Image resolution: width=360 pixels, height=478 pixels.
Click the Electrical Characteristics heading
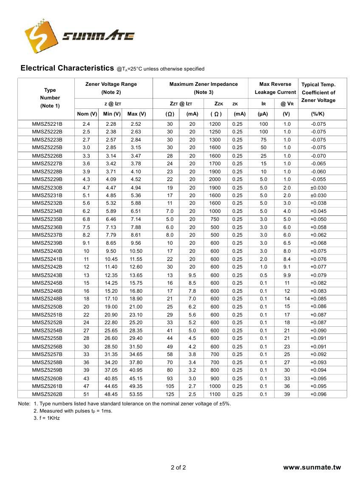pos(68,68)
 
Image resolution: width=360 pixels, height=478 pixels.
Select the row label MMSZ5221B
pos(47,124)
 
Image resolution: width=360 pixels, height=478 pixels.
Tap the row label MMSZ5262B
pos(47,394)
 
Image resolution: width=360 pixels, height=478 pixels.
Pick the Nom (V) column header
pos(87,114)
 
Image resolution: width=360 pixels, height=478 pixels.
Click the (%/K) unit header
pos(318,114)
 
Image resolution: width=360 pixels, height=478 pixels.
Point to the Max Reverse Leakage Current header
pos(275,88)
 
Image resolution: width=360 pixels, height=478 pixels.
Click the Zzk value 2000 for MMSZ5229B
pos(215,180)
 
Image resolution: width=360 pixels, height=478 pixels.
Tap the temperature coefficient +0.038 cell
pos(318,204)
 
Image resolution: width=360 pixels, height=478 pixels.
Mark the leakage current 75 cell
pos(264,140)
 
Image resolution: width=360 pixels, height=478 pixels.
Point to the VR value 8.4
pos(287,259)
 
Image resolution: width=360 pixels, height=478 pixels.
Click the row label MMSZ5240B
pos(47,251)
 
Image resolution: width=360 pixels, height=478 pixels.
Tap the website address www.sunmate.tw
pos(312,468)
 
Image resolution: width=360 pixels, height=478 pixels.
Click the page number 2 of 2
pos(178,468)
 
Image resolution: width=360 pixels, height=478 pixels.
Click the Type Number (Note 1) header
pos(50,98)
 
